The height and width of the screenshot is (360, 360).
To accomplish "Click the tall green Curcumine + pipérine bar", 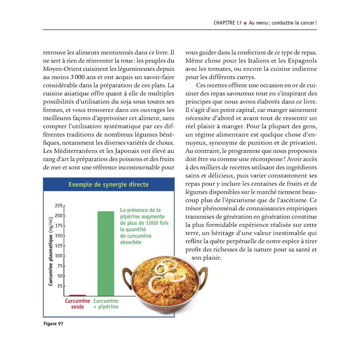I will [x=105, y=253].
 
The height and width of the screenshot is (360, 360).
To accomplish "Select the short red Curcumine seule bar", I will [x=77, y=295].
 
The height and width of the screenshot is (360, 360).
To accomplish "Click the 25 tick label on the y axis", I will [x=59, y=286].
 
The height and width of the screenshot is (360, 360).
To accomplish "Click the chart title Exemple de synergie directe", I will [x=108, y=185].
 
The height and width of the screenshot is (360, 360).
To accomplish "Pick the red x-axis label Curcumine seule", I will [x=77, y=304].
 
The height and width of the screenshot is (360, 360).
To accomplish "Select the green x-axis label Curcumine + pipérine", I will [x=106, y=304].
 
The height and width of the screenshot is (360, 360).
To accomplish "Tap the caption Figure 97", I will [x=53, y=324].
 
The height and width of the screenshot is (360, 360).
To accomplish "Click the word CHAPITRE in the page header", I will [x=225, y=23].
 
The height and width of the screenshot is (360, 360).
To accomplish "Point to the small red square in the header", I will [x=245, y=23].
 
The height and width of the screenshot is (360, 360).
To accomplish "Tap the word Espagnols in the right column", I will [x=301, y=61].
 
